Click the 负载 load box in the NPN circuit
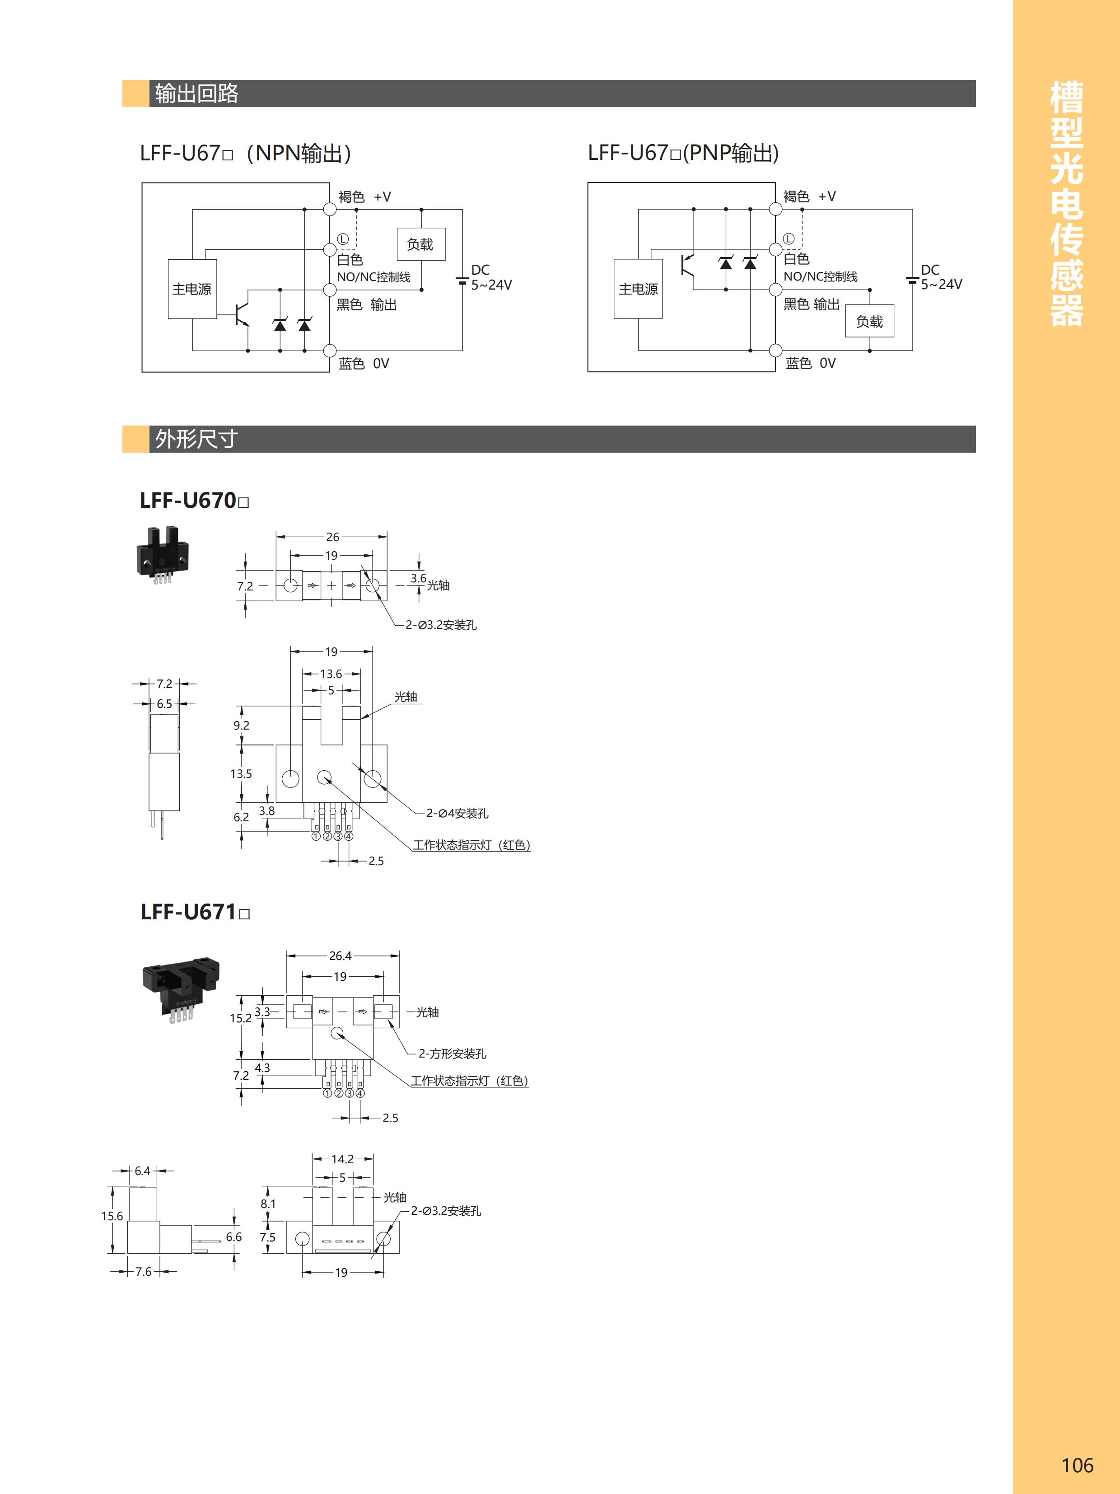click(420, 244)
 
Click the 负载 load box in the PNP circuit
click(869, 322)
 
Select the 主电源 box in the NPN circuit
click(192, 289)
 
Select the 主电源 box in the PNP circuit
click(638, 289)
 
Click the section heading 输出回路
click(196, 93)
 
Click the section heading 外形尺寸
click(196, 439)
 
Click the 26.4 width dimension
click(340, 955)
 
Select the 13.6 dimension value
click(331, 674)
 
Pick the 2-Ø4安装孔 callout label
click(457, 813)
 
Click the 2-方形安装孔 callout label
click(452, 1054)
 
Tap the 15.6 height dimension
click(112, 1216)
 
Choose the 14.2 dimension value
click(342, 1159)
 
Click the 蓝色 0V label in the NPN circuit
click(364, 363)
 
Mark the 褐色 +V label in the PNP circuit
click(809, 197)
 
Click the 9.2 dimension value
click(241, 726)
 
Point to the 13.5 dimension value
click(241, 774)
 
